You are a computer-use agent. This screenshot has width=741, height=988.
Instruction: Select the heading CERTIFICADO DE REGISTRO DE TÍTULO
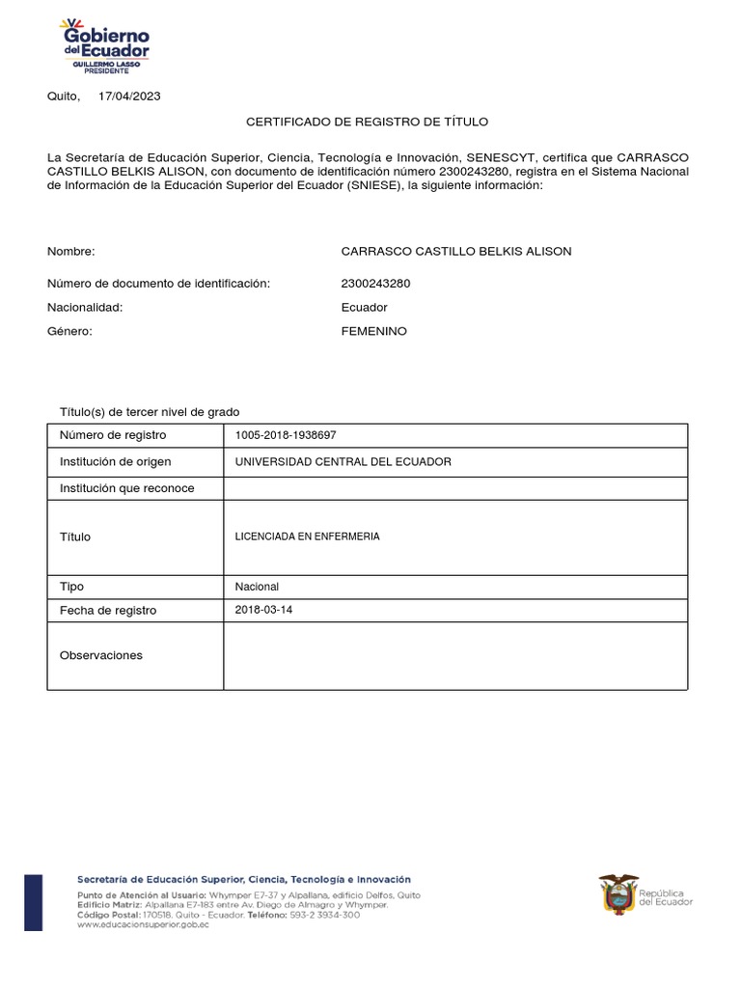[368, 122]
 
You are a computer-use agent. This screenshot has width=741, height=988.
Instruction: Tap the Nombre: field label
[71, 251]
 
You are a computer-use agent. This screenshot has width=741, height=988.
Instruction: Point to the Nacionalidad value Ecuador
[365, 307]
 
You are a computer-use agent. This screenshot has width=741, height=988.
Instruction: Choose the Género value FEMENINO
[374, 331]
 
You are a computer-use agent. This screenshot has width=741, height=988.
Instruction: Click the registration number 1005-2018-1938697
[286, 435]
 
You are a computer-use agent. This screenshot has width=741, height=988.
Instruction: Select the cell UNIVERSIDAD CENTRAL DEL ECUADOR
[343, 461]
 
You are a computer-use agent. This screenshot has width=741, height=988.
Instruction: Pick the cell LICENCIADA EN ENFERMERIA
[308, 536]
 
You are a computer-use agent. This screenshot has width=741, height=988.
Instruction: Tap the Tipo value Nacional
[258, 587]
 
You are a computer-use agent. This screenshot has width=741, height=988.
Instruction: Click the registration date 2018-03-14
[263, 610]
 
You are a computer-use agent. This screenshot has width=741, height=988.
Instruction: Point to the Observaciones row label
[101, 655]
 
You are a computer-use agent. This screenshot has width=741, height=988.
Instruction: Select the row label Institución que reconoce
[127, 488]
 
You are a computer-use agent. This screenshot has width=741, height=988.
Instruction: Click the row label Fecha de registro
[108, 611]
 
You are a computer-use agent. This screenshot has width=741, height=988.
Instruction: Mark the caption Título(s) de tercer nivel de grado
[150, 411]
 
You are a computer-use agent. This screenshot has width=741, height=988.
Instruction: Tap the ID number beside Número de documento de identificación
[374, 283]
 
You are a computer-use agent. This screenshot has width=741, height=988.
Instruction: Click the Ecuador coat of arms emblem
[618, 893]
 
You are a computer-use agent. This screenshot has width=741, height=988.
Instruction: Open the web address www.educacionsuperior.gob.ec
[141, 924]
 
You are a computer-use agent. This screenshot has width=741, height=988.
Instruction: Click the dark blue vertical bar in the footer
[33, 902]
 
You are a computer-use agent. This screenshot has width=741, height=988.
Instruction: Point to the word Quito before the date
[64, 96]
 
